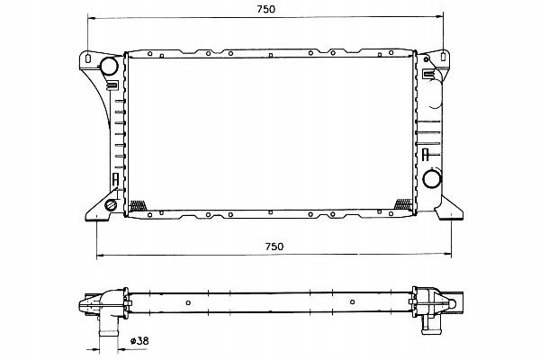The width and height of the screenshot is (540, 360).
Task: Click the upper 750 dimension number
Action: (266, 9)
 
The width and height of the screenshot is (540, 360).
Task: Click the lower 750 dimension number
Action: (274, 247)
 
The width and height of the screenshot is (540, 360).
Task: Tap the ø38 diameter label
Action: (139, 341)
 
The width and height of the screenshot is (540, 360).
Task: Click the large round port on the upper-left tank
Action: (109, 66)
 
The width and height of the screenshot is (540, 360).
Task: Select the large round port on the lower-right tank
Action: (431, 179)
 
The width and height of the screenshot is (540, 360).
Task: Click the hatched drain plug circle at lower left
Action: (111, 205)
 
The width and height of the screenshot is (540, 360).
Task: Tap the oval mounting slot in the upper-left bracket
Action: (88, 58)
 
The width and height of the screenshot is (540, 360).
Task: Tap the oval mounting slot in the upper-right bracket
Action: (444, 55)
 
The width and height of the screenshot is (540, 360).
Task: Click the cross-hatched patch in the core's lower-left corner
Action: (138, 206)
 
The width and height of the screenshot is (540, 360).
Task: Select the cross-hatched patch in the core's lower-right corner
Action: (403, 204)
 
